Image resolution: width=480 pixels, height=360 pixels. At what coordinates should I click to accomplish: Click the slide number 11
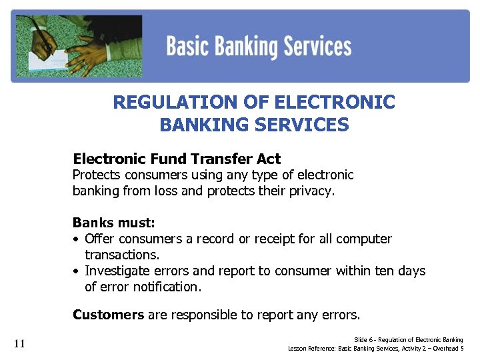(19, 343)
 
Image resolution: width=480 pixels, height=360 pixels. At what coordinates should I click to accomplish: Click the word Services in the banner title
(317, 47)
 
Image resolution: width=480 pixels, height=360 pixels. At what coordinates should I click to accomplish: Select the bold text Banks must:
(113, 223)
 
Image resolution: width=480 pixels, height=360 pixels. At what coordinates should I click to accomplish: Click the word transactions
(121, 255)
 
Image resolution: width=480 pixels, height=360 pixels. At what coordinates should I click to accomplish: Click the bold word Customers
(108, 315)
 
